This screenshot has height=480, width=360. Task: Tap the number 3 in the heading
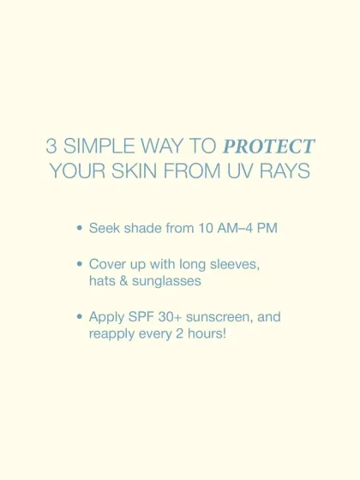click(51, 146)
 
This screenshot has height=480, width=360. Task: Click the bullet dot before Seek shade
click(80, 230)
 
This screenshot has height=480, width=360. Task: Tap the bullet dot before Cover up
click(80, 265)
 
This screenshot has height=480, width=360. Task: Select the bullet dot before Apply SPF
click(80, 317)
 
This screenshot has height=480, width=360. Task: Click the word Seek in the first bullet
click(104, 230)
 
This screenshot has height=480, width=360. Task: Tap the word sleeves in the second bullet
click(234, 265)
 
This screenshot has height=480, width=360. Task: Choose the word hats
click(104, 280)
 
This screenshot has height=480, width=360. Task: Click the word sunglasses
click(170, 280)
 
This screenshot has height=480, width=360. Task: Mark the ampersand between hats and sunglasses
click(127, 280)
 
